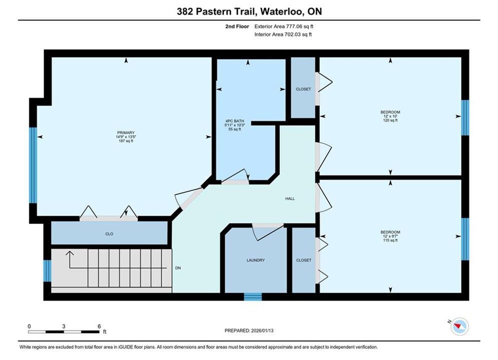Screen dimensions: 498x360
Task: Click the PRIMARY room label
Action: coord(126,132)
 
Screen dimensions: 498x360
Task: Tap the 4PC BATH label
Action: coord(235,121)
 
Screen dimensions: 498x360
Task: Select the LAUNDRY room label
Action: coord(256,260)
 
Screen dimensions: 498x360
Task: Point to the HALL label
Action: coord(290,198)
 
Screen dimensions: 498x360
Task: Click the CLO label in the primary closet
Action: coord(109,234)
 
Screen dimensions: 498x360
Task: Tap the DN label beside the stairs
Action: coord(178,268)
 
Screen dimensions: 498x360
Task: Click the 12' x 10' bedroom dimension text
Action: coord(390,116)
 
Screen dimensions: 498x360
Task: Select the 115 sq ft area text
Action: coord(390,240)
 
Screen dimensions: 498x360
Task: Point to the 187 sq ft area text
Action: coord(126,141)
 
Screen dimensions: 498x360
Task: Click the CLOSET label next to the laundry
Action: coord(304,260)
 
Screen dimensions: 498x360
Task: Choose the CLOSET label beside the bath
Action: coord(303,89)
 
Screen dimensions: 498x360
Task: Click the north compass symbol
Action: coord(459,326)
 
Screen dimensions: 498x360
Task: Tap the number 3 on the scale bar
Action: coord(64,326)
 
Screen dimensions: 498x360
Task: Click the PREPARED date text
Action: coord(249,330)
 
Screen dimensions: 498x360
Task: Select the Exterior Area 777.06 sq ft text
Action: coord(284,26)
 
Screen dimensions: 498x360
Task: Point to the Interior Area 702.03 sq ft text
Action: coord(283,34)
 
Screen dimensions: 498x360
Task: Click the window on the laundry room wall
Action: coord(253,296)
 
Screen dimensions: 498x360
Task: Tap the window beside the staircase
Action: coord(48,270)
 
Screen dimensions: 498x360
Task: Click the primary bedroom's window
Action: coord(33,165)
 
